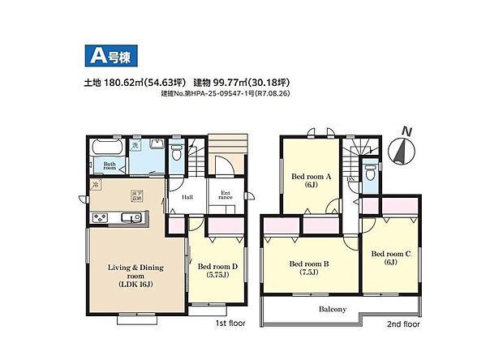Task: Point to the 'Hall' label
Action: point(187,196)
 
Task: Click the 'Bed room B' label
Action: point(311,264)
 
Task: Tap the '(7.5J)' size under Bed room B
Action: point(311,273)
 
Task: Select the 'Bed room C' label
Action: point(391,254)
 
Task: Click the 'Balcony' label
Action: point(331,309)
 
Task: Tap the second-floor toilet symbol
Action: point(370,173)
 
